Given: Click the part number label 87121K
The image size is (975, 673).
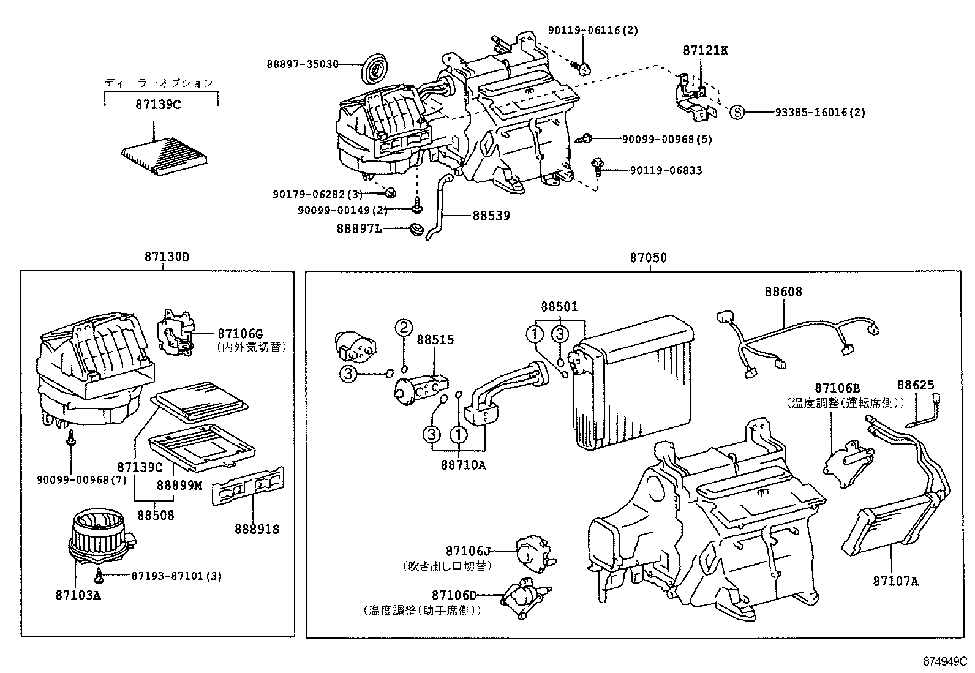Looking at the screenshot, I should pos(706,50).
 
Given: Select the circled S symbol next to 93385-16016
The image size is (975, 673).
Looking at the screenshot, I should pos(738,112).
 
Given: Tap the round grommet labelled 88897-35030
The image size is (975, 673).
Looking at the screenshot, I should pos(372,67).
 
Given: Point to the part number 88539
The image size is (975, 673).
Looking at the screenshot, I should pos(491,216).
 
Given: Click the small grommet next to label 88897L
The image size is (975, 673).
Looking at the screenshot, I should pos(416,231).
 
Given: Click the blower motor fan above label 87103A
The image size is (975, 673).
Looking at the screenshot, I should pos(98,539).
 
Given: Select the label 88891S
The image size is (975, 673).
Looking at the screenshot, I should pos(256,529).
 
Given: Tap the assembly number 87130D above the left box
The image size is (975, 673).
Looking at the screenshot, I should pos(167,257).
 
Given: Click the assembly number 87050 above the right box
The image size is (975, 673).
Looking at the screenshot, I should pos(648,258).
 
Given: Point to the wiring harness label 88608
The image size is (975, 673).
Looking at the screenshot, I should pos(783,292).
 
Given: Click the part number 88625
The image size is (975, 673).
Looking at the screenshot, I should pos(916,385).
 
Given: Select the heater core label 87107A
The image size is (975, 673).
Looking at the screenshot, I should pos(895,581).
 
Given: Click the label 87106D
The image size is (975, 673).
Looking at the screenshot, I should pos(453,595).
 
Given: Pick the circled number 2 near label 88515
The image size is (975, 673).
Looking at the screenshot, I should pos(404,328).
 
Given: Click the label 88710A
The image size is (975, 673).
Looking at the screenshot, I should pos(462,465).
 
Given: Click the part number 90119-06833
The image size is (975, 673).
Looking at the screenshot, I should pos(666,170).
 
